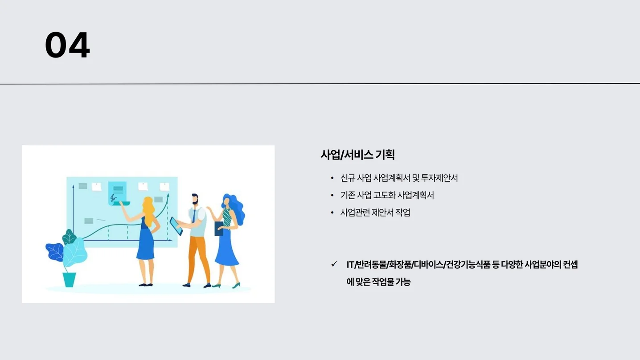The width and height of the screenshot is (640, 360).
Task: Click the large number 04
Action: (67, 45)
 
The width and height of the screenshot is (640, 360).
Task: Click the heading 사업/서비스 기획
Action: (357, 155)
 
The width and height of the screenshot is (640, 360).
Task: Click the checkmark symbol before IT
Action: (334, 264)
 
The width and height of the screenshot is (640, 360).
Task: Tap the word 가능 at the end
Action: (402, 282)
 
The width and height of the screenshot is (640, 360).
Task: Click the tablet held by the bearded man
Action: (176, 226)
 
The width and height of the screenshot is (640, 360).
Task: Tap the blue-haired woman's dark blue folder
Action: (219, 229)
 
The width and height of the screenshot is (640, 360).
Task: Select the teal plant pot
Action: (69, 279)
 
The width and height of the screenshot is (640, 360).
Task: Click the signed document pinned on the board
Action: (117, 192)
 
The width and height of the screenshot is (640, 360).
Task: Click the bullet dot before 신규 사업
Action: (332, 179)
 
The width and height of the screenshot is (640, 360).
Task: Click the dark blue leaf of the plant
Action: (54, 252)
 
